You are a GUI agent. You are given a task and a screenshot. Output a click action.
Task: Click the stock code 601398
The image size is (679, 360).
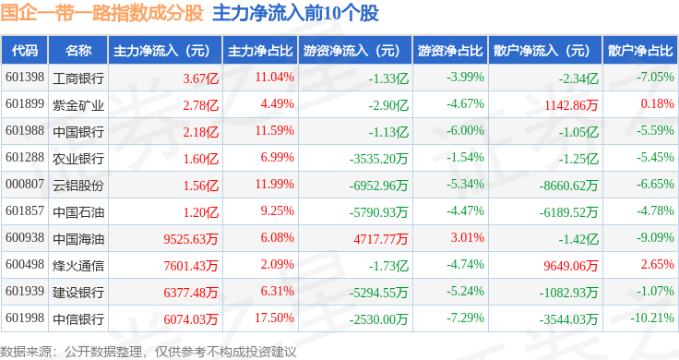(x=25, y=78)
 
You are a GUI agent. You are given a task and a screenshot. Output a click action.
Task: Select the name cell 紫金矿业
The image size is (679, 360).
(x=78, y=105)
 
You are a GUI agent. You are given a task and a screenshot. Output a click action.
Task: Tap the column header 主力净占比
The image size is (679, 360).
(x=260, y=51)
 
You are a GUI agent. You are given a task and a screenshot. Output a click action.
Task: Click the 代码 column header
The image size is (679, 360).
(x=25, y=51)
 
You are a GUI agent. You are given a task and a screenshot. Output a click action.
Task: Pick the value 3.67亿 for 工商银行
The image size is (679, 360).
(x=200, y=78)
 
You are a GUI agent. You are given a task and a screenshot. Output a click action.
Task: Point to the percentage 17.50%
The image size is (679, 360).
(x=275, y=318)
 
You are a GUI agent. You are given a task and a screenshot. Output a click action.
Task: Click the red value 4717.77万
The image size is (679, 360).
(x=381, y=239)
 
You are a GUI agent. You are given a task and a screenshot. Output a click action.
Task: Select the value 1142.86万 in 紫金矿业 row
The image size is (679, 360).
(x=571, y=105)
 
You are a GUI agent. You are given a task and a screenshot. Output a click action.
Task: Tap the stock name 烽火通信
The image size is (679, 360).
(x=78, y=266)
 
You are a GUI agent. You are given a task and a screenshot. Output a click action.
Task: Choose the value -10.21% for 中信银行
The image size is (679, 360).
(x=651, y=318)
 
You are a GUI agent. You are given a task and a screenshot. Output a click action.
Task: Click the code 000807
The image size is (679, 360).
(x=25, y=184)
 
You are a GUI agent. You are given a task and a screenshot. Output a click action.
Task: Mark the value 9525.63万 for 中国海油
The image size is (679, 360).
(x=191, y=239)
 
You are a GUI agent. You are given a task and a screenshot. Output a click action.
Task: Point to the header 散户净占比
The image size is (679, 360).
(x=640, y=51)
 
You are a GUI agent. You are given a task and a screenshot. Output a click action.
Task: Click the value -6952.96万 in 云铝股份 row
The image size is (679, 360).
(x=378, y=186)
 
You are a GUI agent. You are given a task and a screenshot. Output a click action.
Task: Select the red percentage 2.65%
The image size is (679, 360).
(x=658, y=264)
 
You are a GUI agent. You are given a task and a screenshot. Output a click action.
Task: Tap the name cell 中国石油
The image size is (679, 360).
(x=78, y=212)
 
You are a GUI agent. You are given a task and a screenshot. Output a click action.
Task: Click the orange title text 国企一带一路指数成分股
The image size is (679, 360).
(x=101, y=13)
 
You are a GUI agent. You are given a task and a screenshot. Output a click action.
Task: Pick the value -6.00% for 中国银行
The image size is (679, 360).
(x=465, y=130)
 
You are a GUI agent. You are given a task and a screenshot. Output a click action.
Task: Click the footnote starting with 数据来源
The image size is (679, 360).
(x=149, y=352)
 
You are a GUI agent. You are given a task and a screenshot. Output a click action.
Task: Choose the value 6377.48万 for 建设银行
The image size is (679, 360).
(x=191, y=293)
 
